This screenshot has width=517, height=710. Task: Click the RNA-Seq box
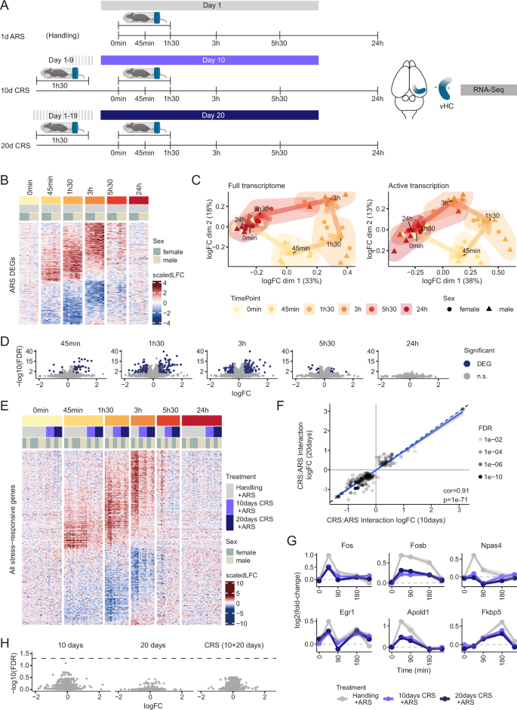484,90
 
